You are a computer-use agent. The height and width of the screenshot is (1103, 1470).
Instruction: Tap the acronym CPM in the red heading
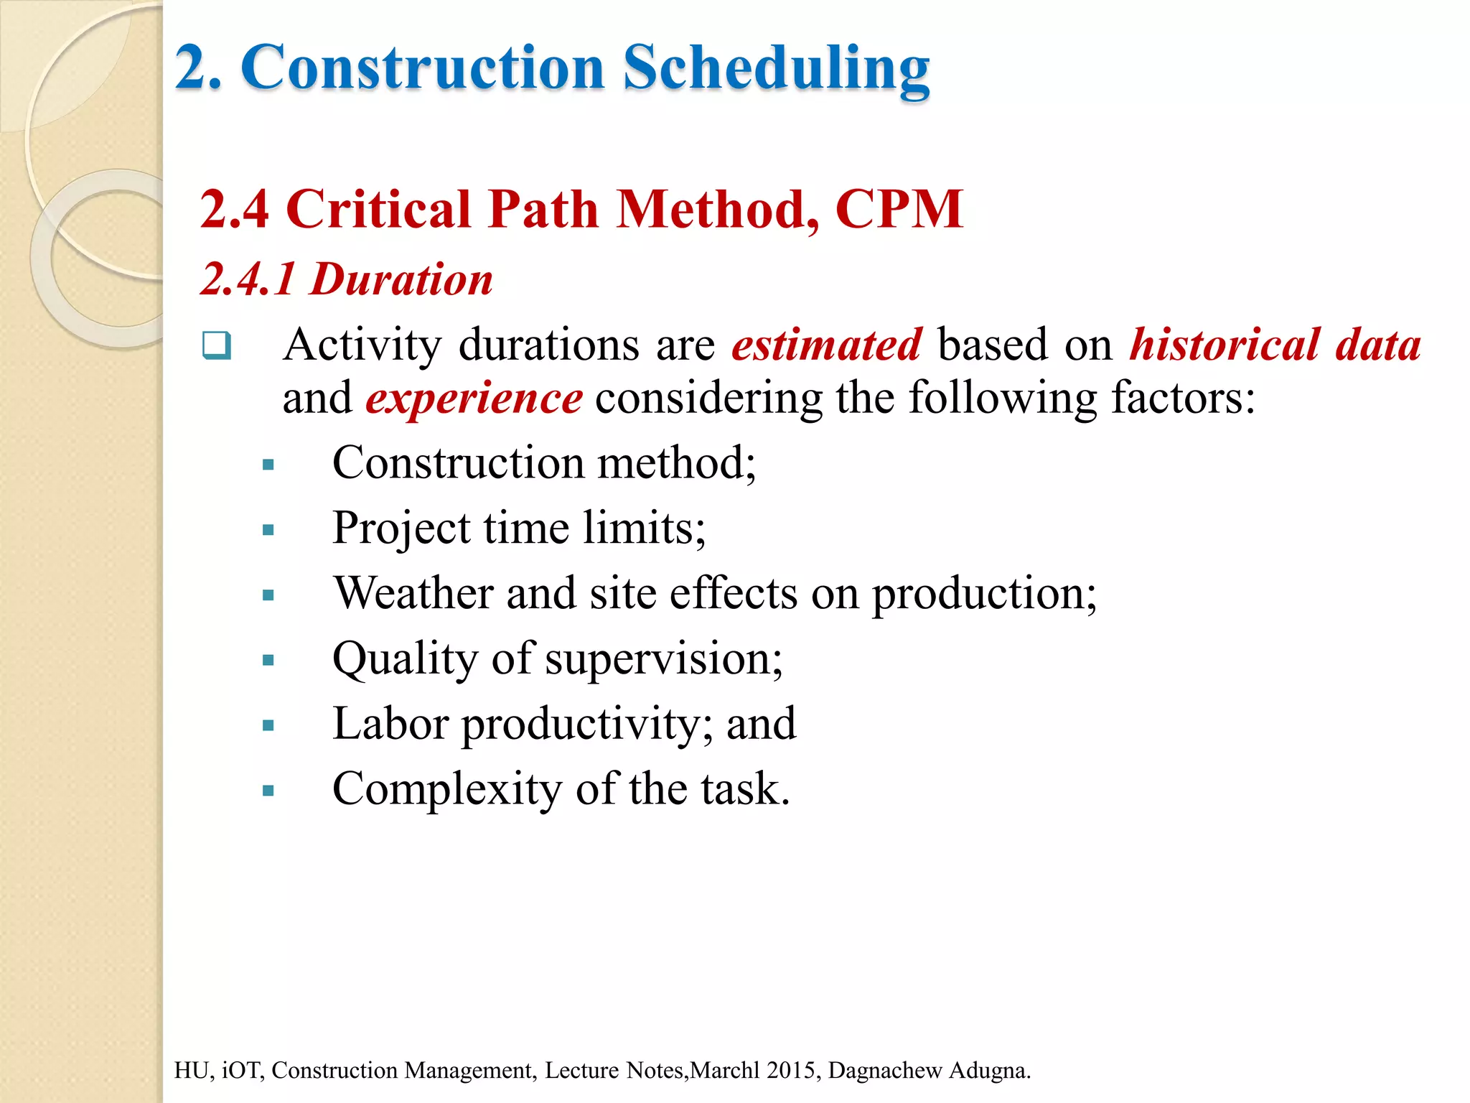(x=899, y=210)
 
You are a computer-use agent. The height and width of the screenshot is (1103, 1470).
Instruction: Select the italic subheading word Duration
(x=401, y=279)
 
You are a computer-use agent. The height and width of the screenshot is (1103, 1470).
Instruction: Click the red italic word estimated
(x=826, y=345)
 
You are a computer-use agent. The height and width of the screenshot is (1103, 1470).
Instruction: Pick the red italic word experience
(x=474, y=399)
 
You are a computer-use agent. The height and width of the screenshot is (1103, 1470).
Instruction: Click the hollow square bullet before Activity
(x=216, y=345)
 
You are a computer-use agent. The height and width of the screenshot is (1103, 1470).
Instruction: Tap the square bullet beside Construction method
(x=268, y=465)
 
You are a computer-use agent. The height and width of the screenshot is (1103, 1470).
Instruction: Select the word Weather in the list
(x=413, y=594)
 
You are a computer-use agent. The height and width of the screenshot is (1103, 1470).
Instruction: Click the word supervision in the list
(x=663, y=659)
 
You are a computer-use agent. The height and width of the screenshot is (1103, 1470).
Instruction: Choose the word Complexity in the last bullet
(x=446, y=790)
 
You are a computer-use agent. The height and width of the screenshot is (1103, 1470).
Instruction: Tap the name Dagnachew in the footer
(x=885, y=1071)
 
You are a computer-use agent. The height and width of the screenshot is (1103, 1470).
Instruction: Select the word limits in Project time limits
(x=644, y=529)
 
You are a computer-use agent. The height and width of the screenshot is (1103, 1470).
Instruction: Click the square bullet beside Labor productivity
(x=268, y=726)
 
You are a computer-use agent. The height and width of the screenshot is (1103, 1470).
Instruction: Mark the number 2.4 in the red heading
(x=234, y=210)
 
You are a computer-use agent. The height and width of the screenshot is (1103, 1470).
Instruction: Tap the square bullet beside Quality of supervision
(x=268, y=661)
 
